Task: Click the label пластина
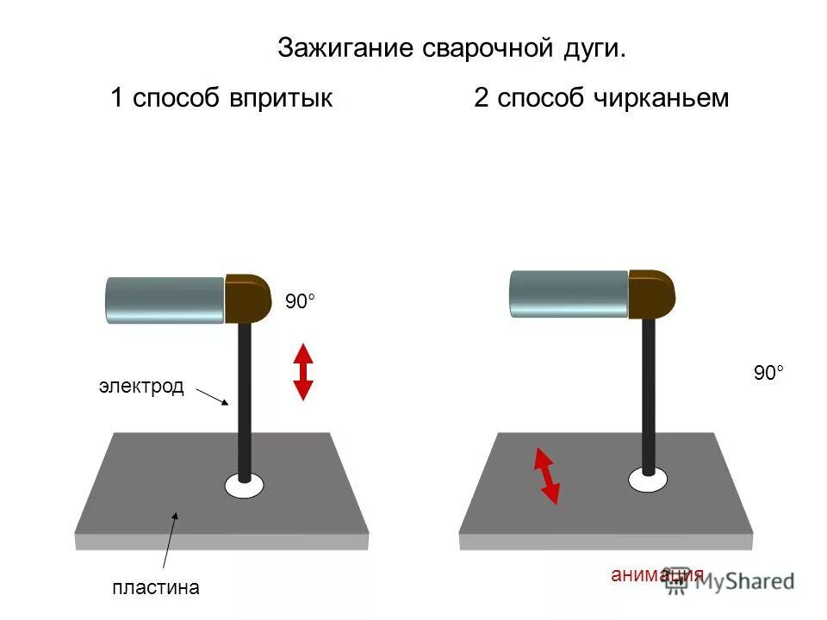pos(156,588)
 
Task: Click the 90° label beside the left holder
pos(301,301)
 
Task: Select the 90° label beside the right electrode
pos(769,373)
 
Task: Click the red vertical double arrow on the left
pos(302,371)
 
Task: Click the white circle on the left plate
pos(244,486)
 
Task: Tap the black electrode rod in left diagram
pos(245,396)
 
